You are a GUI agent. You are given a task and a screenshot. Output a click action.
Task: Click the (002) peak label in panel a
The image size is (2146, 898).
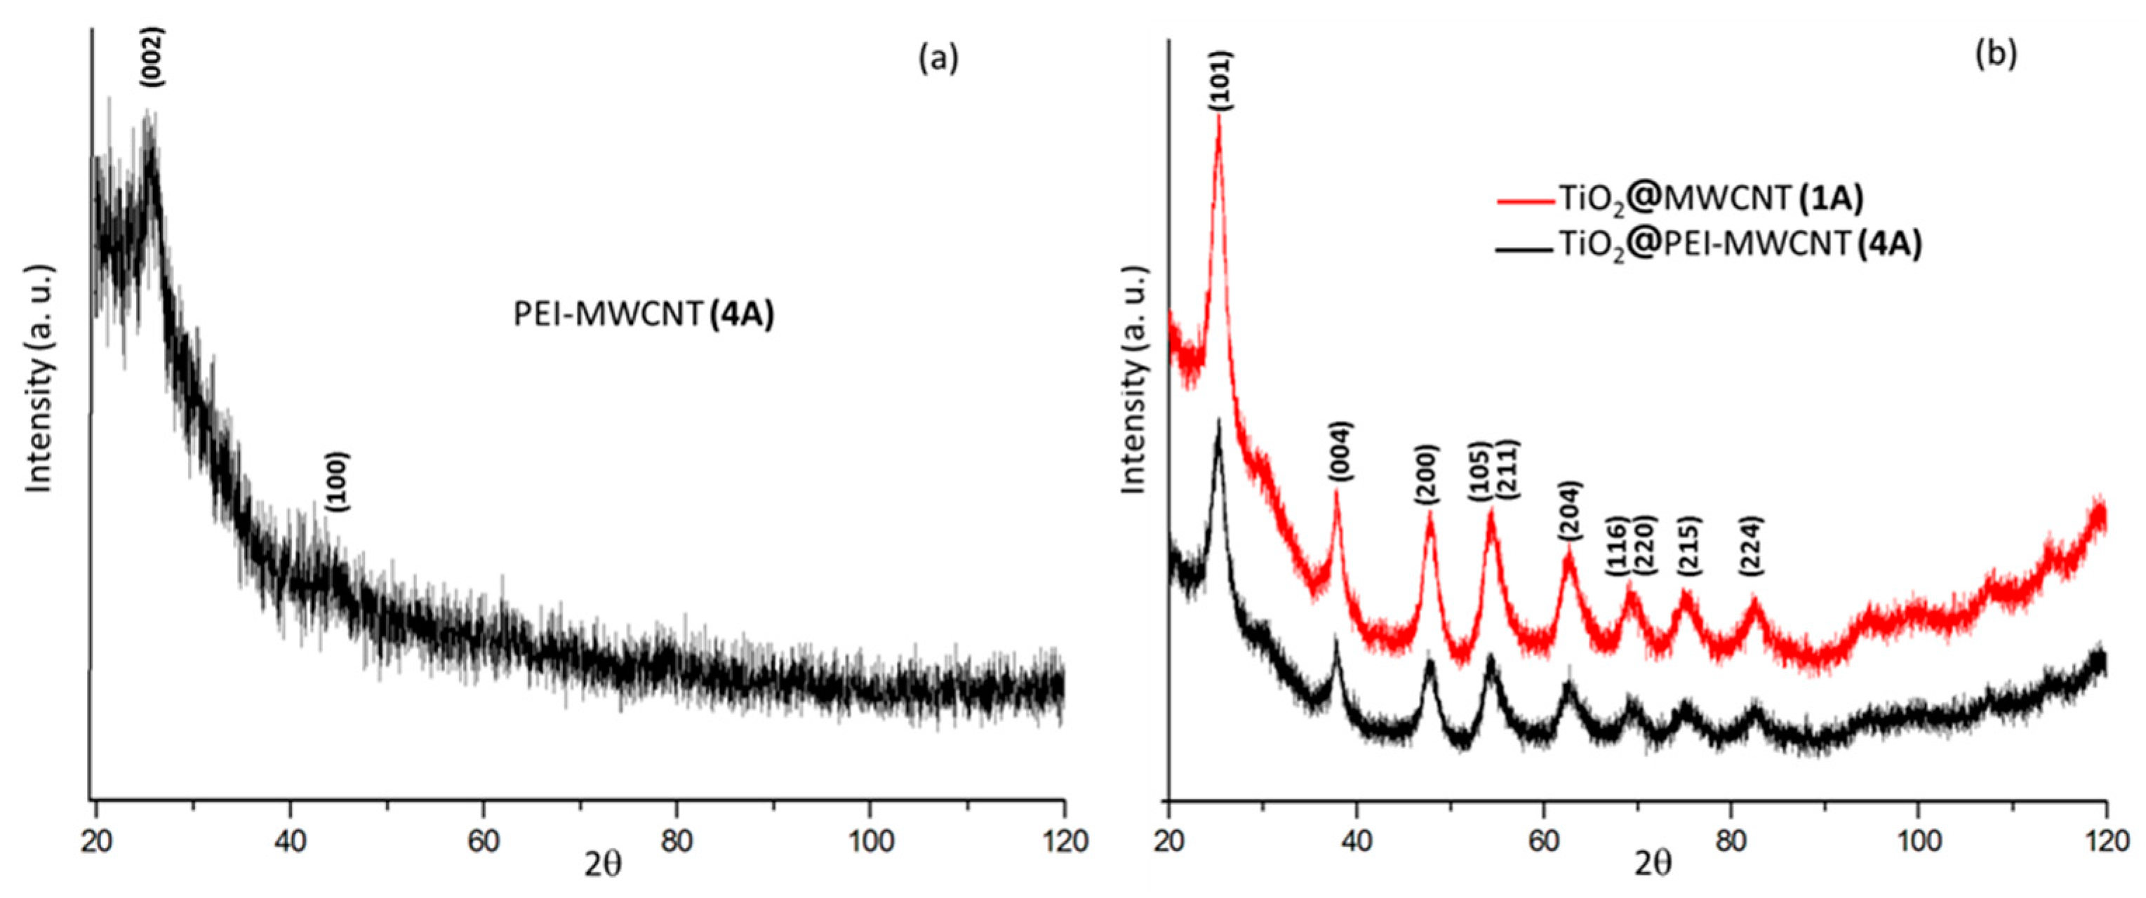coord(153,57)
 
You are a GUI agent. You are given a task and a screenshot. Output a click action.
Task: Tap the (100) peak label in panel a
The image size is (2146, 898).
coord(338,481)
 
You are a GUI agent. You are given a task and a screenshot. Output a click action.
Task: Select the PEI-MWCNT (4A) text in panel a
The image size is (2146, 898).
coord(643,315)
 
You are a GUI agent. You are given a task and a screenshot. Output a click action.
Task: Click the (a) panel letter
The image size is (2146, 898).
coord(939,58)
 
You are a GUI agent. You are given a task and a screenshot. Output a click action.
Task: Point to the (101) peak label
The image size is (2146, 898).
coord(1221,80)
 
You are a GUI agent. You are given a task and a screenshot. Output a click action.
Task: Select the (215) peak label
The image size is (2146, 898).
coord(1689,547)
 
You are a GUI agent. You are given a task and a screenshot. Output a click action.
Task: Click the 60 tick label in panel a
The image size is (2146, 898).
coord(484,841)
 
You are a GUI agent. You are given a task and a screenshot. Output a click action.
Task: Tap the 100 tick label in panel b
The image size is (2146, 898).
coord(1918,841)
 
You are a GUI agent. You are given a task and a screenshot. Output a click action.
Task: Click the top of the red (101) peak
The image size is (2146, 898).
coord(1219,116)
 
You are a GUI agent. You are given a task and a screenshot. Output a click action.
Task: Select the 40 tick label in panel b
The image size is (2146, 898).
coord(1357,841)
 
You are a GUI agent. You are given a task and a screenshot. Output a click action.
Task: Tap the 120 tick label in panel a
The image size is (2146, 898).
coord(1063,841)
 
